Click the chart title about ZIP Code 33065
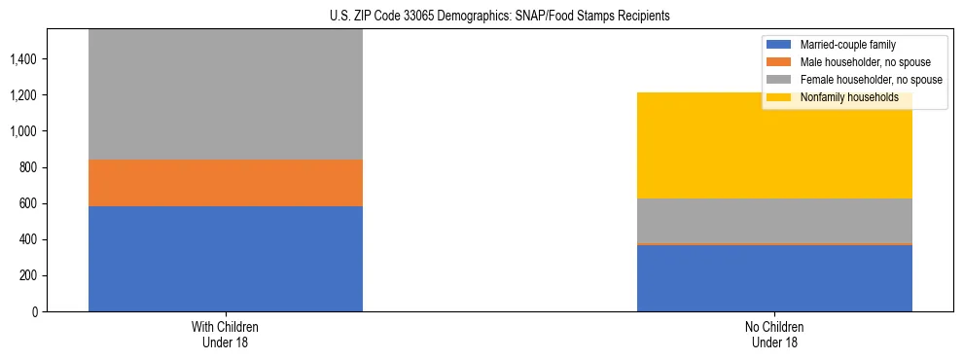[481, 17]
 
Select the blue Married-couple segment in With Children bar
[226, 259]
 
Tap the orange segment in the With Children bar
[226, 183]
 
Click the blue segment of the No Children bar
[774, 277]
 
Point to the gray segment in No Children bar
[774, 221]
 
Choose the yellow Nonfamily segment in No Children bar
[774, 146]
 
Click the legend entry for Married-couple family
[856, 45]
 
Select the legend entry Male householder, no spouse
[856, 62]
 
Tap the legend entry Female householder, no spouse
[856, 80]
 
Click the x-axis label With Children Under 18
[226, 334]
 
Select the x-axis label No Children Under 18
[774, 334]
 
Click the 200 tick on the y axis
[27, 275]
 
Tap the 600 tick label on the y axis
[27, 203]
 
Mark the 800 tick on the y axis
[27, 167]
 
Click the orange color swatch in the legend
[780, 62]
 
